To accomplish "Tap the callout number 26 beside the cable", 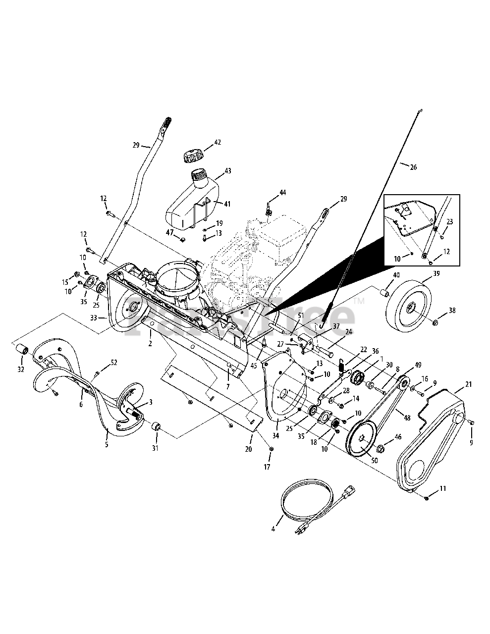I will (x=413, y=167).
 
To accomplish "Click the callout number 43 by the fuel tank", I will (x=227, y=171).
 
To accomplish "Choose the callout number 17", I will (x=268, y=466).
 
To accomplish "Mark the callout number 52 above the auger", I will (x=113, y=362).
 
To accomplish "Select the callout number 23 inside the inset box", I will (x=450, y=222).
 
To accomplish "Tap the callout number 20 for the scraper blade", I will (x=248, y=449).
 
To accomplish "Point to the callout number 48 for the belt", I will (x=407, y=418).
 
